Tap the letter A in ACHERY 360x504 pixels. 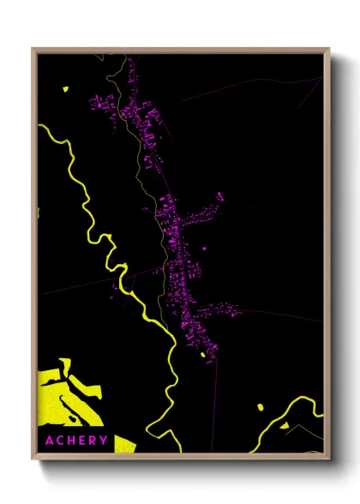[x=50, y=441]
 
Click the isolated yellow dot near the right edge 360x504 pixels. [x=259, y=405]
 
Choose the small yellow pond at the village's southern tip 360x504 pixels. [x=203, y=353]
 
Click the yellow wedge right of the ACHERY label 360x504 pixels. [x=124, y=443]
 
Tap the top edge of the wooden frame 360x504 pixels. [x=180, y=50]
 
